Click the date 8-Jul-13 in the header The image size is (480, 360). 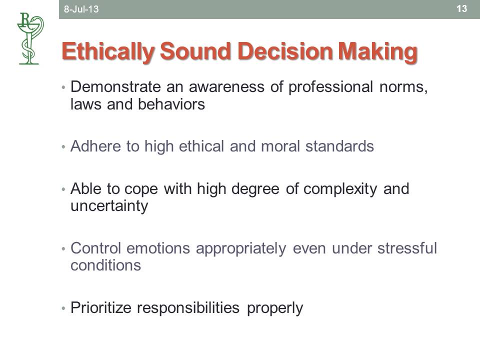coord(81,9)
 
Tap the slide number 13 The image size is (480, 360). coord(461,8)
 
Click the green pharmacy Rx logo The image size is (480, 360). coord(30,38)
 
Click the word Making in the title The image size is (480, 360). coord(377,52)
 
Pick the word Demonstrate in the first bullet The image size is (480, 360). coord(115,86)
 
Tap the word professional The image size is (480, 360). coord(330,87)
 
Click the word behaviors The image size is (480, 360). coord(171,104)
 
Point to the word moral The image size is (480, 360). coord(280,146)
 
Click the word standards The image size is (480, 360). coord(339,146)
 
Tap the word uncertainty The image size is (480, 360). coord(109,206)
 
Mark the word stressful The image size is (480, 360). coord(407,248)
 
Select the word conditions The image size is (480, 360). coord(105,265)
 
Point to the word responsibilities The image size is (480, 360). coord(188,308)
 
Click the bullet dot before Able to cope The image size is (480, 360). coord(63,189)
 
